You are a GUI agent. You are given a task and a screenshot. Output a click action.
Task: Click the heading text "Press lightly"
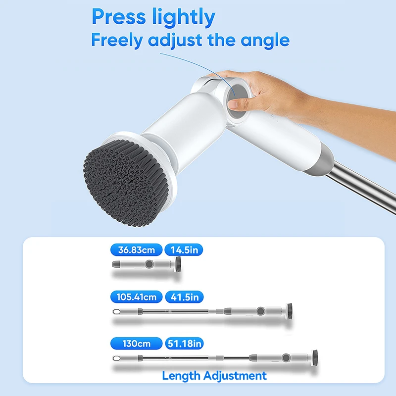pyautogui.click(x=153, y=17)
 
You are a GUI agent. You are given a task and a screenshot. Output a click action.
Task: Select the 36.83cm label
pyautogui.click(x=137, y=250)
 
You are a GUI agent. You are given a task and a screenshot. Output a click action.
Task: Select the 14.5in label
pyautogui.click(x=184, y=250)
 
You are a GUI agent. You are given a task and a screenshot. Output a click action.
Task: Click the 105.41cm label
pyautogui.click(x=137, y=297)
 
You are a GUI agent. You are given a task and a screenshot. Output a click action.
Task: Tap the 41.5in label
pyautogui.click(x=184, y=297)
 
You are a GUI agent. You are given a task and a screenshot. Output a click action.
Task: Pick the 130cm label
pyautogui.click(x=137, y=343)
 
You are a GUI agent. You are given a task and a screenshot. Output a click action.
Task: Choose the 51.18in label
pyautogui.click(x=184, y=343)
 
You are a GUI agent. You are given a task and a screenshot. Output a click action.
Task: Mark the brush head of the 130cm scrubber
pyautogui.click(x=314, y=357)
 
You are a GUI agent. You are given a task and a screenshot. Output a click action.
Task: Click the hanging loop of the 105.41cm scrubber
pyautogui.click(x=117, y=312)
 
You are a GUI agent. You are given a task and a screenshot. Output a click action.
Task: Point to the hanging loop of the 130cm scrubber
pyautogui.click(x=117, y=358)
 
